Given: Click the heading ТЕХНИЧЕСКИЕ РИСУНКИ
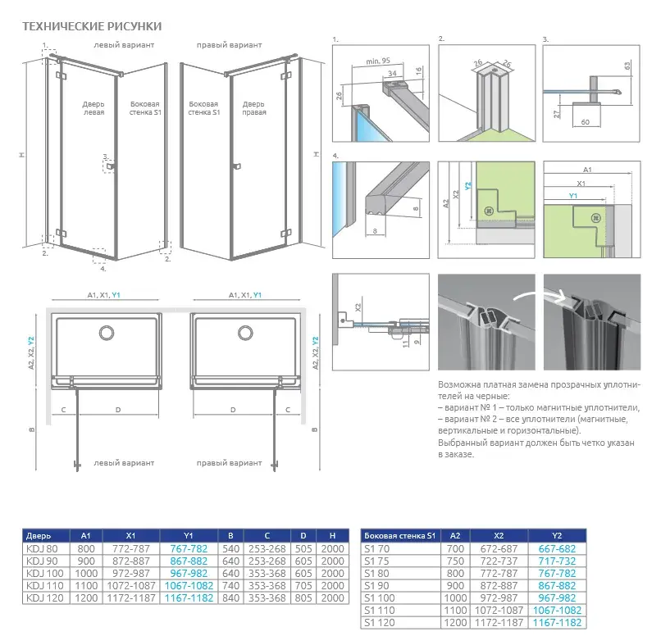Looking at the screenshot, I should pos(92,27).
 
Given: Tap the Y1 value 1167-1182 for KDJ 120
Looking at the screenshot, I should pos(190,598).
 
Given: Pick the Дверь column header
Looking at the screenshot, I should pos(39,536).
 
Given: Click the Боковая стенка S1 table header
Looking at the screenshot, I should pos(400,536).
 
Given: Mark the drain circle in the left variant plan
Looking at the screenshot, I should pos(107,332).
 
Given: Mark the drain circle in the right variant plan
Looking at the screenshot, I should pos(245,332).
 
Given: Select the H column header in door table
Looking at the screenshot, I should pos(333,536).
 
